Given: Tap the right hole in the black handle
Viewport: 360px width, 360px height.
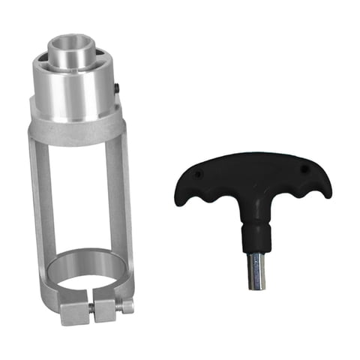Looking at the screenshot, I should (304, 169).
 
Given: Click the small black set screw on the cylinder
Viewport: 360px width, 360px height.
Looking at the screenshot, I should (118, 89).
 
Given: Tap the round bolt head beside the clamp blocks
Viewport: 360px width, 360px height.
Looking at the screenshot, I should (128, 305).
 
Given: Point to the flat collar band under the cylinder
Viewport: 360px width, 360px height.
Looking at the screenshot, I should (75, 127).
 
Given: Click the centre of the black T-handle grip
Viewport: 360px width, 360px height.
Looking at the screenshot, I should (251, 180).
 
